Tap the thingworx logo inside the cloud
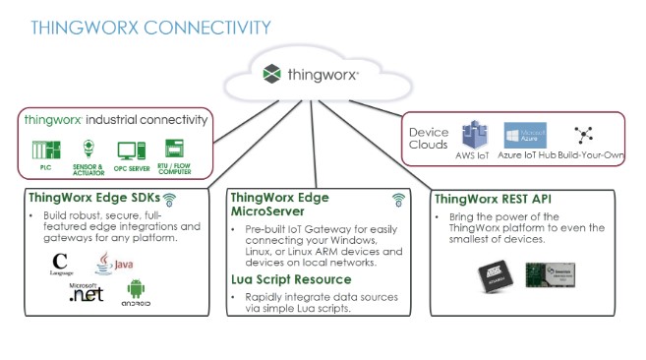pos(312,73)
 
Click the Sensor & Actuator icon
pos(88,150)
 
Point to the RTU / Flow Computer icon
pos(174,150)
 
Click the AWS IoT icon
pos(477,136)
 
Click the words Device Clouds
pos(429,139)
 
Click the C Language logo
pos(62,264)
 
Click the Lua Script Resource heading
pos(292,279)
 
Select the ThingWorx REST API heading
pos(492,199)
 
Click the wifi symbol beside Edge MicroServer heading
pos(398,200)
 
